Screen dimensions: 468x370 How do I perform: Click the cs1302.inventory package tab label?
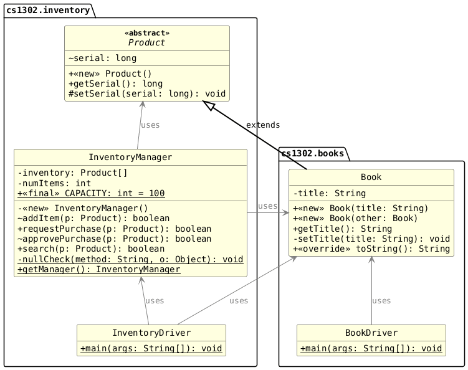(x=48, y=10)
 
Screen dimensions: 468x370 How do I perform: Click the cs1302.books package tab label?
(x=312, y=153)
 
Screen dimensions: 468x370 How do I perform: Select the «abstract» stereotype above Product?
(x=147, y=33)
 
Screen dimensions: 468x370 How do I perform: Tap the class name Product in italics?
(x=146, y=43)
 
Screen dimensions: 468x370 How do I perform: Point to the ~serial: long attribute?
(x=102, y=58)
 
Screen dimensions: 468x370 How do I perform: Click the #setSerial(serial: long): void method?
(x=147, y=93)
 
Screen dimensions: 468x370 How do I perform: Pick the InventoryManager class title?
(x=130, y=157)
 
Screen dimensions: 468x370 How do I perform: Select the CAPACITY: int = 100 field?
(x=91, y=193)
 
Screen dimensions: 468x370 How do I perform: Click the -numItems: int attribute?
(x=54, y=183)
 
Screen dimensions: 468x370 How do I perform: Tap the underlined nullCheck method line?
(x=130, y=259)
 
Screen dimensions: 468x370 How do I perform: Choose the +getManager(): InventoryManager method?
(x=99, y=270)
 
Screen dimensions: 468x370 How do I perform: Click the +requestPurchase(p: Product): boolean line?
(x=114, y=229)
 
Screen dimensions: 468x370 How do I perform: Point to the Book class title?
(x=371, y=178)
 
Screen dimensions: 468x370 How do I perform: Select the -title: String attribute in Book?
(x=329, y=193)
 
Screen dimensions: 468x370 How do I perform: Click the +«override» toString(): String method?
(x=371, y=249)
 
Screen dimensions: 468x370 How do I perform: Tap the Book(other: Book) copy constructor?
(x=355, y=219)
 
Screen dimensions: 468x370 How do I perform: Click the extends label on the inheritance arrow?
(x=263, y=125)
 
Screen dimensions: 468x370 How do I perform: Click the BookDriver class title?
(x=371, y=333)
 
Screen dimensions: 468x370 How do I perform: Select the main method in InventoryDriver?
(x=151, y=349)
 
